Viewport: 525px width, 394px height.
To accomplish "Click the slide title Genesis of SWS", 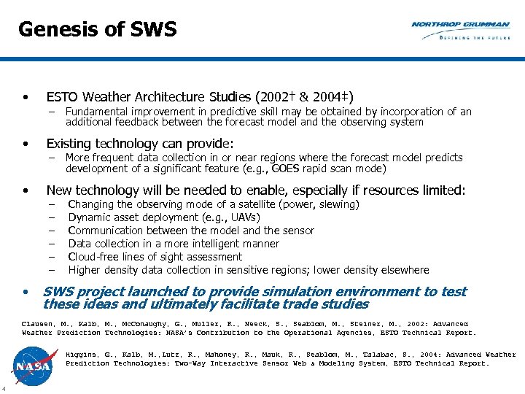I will tap(97, 30).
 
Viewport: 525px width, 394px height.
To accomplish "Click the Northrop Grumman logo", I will tap(460, 30).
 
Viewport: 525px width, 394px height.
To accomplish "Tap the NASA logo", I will tap(32, 364).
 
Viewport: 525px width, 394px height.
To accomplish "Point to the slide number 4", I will tap(4, 387).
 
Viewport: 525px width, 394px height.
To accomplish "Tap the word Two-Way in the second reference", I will tap(192, 363).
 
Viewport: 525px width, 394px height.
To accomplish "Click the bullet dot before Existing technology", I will tap(26, 144).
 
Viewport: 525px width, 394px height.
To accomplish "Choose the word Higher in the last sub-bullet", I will tap(84, 270).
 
